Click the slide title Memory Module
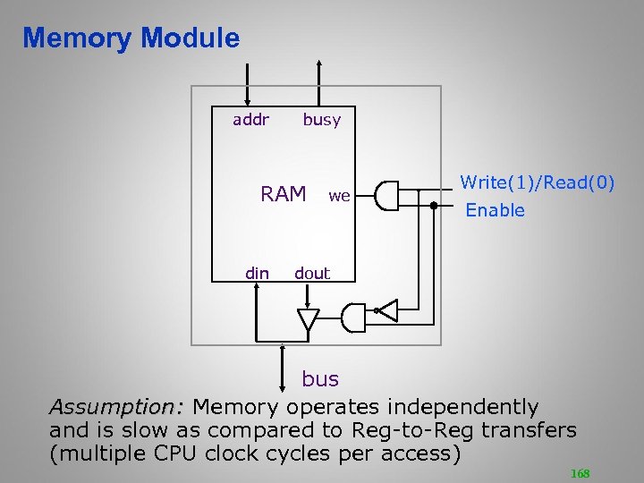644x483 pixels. pyautogui.click(x=131, y=38)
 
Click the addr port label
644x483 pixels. pyautogui.click(x=250, y=119)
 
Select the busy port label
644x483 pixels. pyautogui.click(x=321, y=120)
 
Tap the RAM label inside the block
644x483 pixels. pyautogui.click(x=283, y=194)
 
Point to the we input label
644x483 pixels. pyautogui.click(x=339, y=195)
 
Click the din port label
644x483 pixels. pyautogui.click(x=257, y=273)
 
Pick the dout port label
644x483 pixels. pyautogui.click(x=312, y=273)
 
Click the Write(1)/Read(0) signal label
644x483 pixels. pyautogui.click(x=537, y=182)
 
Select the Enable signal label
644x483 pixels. pyautogui.click(x=495, y=211)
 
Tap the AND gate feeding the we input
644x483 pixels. pyautogui.click(x=386, y=195)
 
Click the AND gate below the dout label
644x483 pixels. pyautogui.click(x=354, y=315)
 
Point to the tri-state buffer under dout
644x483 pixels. pyautogui.click(x=308, y=318)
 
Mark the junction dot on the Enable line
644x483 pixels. pyautogui.click(x=433, y=206)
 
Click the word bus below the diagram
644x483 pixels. pyautogui.click(x=320, y=379)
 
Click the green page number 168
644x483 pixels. pyautogui.click(x=580, y=473)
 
